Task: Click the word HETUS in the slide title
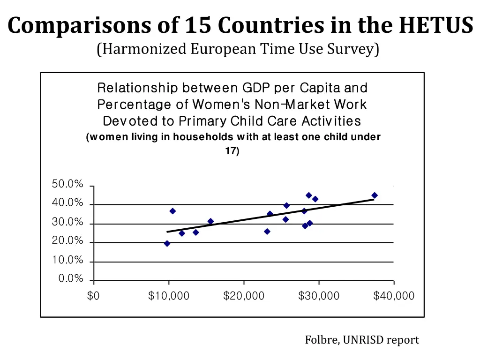coord(435,26)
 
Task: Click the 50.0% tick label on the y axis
coord(67,185)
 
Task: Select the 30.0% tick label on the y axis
coord(67,223)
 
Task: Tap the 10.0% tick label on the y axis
coord(67,260)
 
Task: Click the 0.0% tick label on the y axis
coord(71,279)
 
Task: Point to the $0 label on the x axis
coord(93,296)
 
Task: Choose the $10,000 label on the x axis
coord(169,296)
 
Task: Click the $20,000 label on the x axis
coord(244,296)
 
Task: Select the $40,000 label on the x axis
coord(394,296)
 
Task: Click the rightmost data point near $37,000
coord(375,195)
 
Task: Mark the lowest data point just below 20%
coord(167,243)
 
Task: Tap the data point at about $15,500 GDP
coord(210,221)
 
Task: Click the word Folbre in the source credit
coord(322,340)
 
